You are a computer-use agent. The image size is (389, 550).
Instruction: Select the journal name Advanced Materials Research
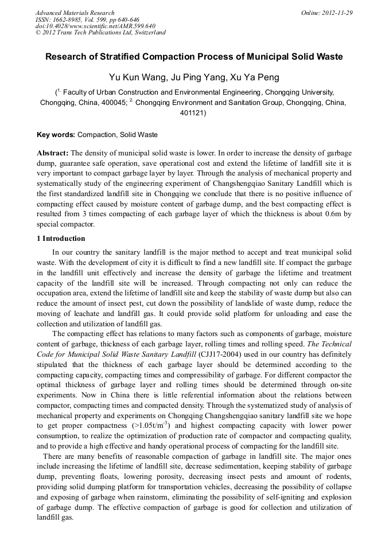point(75,13)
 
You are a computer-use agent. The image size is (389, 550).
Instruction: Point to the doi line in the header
point(95,26)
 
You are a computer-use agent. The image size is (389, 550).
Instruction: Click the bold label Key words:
point(56,135)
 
